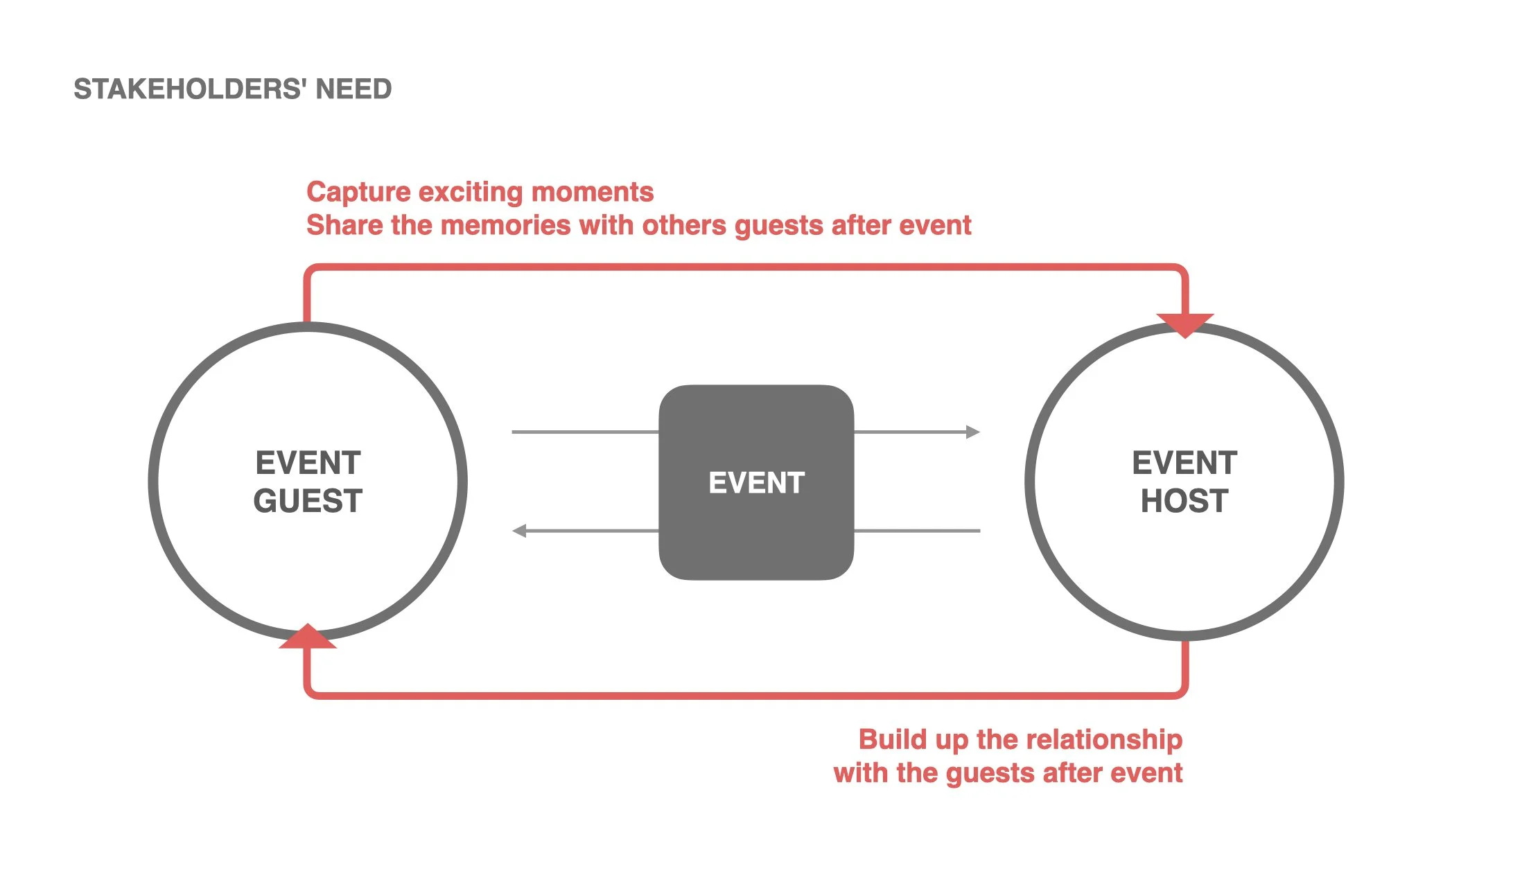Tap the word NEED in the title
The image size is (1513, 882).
pos(353,89)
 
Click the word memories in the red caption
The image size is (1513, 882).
pos(505,225)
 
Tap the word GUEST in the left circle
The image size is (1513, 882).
pos(308,501)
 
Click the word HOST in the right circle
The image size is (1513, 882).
pos(1184,501)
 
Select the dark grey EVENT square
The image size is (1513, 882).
pos(756,482)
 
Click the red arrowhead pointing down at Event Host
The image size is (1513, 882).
pos(1185,324)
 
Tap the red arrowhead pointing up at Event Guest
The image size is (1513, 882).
pos(308,637)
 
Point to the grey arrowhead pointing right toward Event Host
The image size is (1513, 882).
pos(973,432)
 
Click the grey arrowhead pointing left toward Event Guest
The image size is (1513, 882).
pos(519,531)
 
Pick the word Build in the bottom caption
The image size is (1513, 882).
pos(893,739)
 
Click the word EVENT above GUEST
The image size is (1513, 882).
pos(308,463)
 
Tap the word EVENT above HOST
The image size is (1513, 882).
pos(1184,463)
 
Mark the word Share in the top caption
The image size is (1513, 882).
pos(344,225)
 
